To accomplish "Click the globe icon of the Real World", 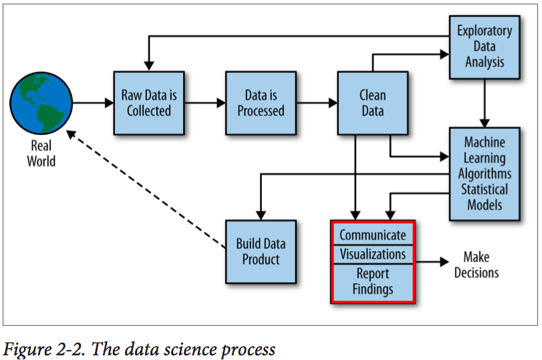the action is click(x=41, y=103).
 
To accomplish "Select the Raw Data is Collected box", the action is click(x=149, y=103).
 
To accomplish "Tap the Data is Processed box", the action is click(x=261, y=103).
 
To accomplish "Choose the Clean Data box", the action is click(x=373, y=103).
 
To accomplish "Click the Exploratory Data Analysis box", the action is click(x=485, y=47).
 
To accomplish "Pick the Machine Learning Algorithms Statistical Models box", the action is click(x=485, y=174).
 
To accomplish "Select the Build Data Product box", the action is click(x=261, y=252).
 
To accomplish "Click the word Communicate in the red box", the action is click(x=373, y=235).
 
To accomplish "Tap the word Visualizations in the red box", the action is click(x=373, y=254).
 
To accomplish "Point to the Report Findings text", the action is click(x=373, y=281).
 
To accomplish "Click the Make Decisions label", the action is click(x=477, y=264).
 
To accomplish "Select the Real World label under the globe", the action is click(x=41, y=154).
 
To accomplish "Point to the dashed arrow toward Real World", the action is click(x=146, y=189).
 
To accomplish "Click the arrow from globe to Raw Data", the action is click(x=93, y=103).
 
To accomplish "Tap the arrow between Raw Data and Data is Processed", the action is click(x=205, y=103).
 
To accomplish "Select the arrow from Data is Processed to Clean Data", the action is click(x=317, y=103).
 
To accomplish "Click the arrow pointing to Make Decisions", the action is click(x=432, y=262).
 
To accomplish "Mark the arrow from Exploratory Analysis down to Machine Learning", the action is click(x=485, y=104).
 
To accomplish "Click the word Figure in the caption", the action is click(x=26, y=349).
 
